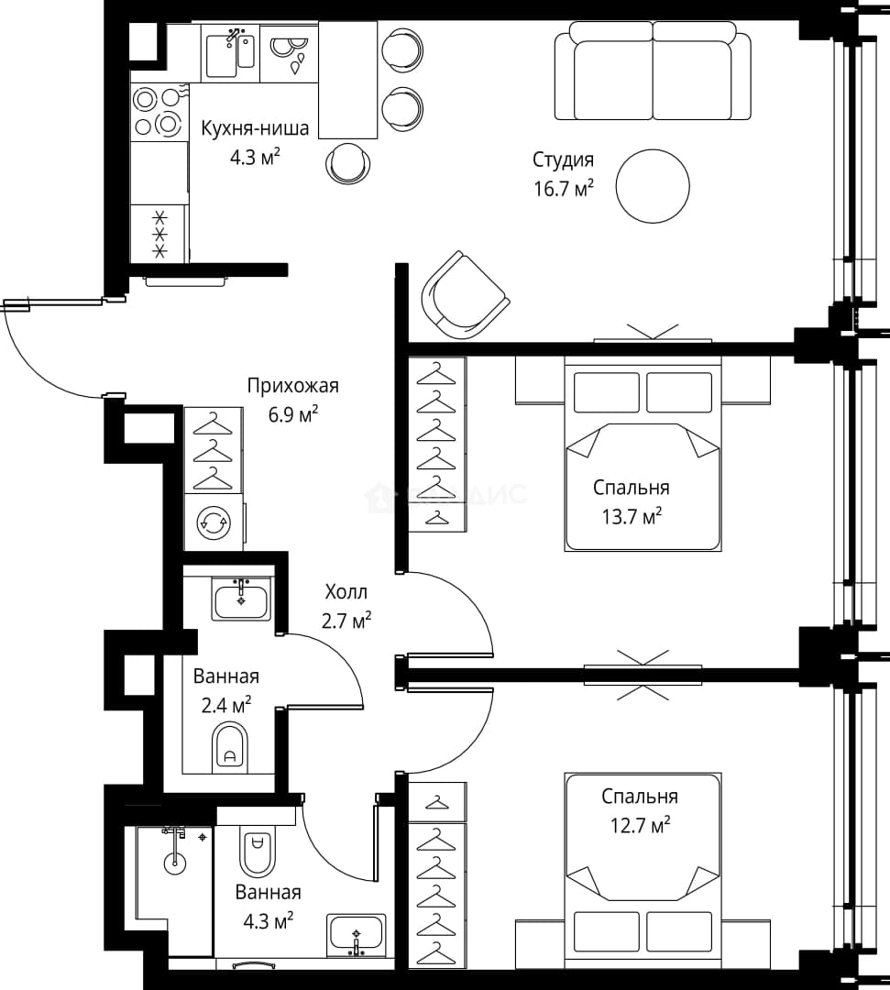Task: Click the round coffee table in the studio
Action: (653, 185)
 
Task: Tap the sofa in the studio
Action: (654, 71)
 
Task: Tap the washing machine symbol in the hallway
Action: (214, 522)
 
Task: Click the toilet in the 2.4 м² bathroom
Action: (230, 748)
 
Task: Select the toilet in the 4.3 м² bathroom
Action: (257, 850)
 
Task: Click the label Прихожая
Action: (293, 385)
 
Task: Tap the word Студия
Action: (563, 159)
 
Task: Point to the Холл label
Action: (346, 591)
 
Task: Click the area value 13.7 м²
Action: (632, 516)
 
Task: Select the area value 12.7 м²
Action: (640, 825)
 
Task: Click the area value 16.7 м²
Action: (564, 188)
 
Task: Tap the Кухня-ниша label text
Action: (255, 128)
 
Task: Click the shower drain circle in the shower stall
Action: (175, 863)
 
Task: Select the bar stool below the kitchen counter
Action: (348, 163)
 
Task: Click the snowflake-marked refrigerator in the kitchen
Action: (159, 234)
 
